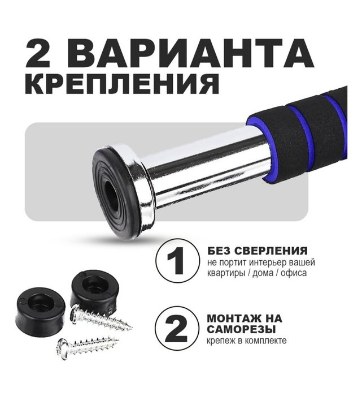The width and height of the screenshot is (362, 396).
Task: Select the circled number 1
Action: pos(178,261)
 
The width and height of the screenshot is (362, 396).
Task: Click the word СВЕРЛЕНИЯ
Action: pos(276,250)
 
